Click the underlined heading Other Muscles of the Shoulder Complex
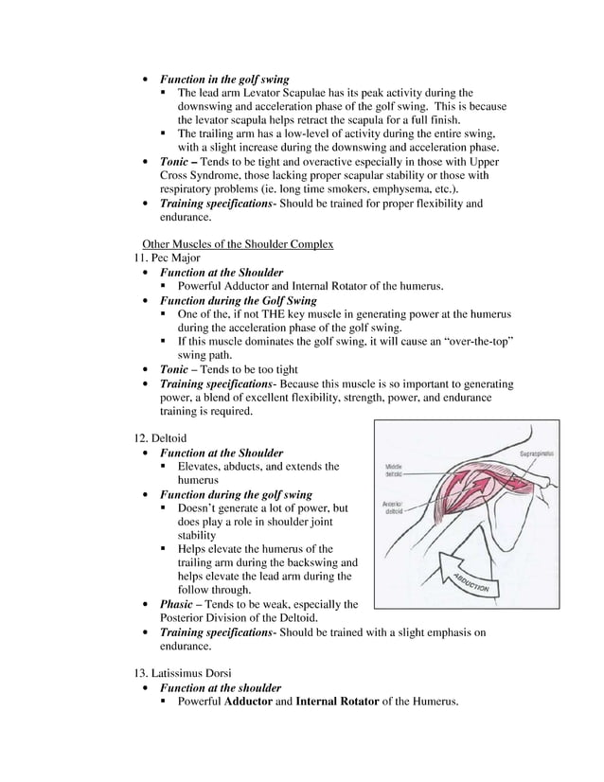pyautogui.click(x=237, y=244)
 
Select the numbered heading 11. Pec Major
pyautogui.click(x=169, y=258)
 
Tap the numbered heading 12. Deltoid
pyautogui.click(x=162, y=438)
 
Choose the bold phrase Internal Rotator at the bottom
pyautogui.click(x=337, y=702)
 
